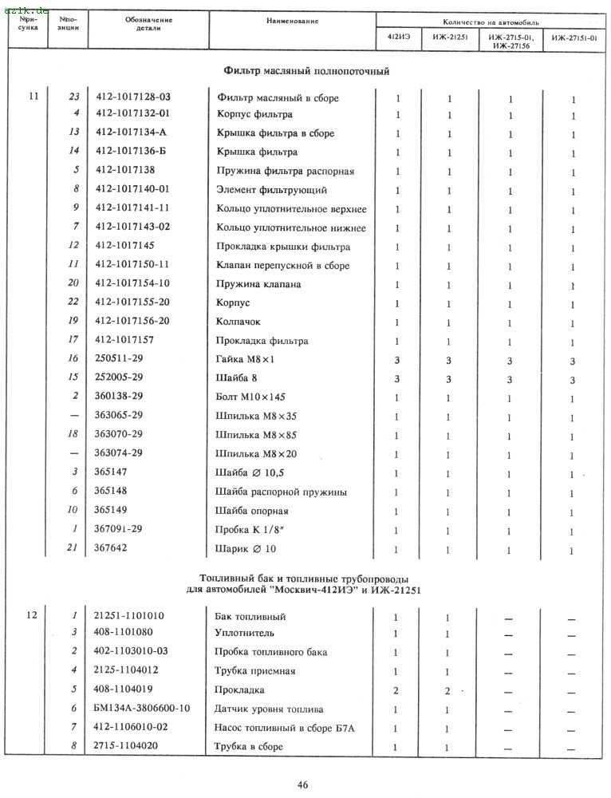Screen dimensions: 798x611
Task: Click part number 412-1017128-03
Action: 140,97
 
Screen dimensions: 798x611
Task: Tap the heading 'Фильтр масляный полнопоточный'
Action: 306,71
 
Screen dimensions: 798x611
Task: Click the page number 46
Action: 304,784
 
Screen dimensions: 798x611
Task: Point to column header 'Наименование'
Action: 293,20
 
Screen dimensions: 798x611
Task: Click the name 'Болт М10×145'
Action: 252,397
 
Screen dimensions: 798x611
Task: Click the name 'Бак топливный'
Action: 250,617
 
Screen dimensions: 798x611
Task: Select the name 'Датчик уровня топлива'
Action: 269,709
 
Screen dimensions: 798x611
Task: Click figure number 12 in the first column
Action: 33,616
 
